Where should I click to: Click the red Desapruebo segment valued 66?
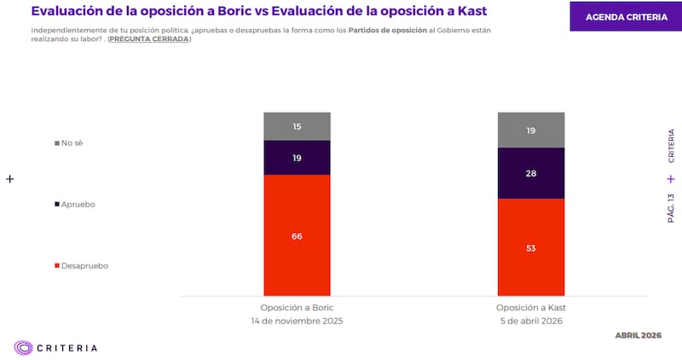click(x=297, y=235)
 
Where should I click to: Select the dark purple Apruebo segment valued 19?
click(x=297, y=158)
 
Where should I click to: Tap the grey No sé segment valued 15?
click(x=297, y=126)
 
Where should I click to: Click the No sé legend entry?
click(x=69, y=143)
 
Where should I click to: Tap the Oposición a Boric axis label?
click(x=297, y=308)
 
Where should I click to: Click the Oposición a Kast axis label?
click(x=530, y=308)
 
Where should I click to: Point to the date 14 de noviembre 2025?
click(x=297, y=321)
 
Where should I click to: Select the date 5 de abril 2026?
click(x=530, y=321)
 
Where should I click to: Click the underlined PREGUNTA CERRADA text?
click(x=148, y=39)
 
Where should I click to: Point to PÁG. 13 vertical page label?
click(x=671, y=207)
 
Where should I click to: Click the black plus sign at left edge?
click(x=10, y=179)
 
